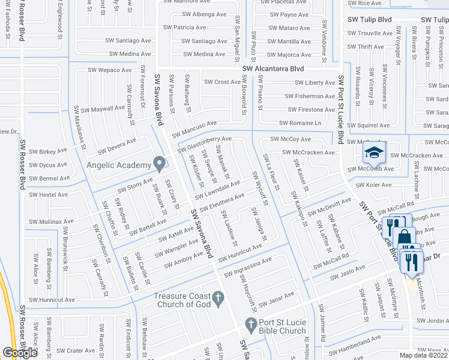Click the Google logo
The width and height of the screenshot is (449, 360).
[x=19, y=353]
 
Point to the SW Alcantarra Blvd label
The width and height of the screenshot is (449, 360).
[x=273, y=69]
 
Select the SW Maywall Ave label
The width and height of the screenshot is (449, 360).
[x=103, y=110]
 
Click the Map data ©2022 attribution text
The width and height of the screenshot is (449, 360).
[x=423, y=355]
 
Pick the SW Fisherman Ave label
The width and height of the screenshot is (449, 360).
[x=310, y=96]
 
